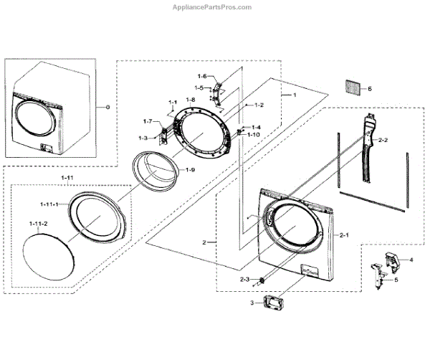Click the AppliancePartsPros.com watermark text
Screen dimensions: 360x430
click(214, 7)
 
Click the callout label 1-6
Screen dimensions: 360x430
click(202, 76)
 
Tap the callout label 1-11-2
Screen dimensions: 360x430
click(38, 224)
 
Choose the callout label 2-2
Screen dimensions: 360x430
click(383, 139)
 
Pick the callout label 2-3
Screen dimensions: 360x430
click(244, 278)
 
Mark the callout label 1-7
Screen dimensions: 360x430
click(148, 120)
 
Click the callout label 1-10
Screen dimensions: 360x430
click(254, 134)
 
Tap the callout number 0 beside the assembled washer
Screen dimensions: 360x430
click(107, 108)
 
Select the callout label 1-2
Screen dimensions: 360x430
click(258, 105)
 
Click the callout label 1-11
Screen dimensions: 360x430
click(66, 176)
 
